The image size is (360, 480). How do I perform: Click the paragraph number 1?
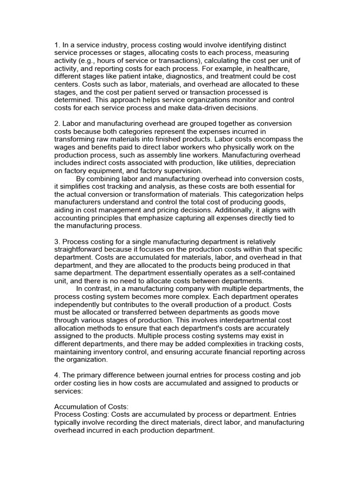pos(57,45)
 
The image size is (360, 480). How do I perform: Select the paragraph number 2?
pos(57,123)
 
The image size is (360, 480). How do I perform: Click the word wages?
pos(66,147)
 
